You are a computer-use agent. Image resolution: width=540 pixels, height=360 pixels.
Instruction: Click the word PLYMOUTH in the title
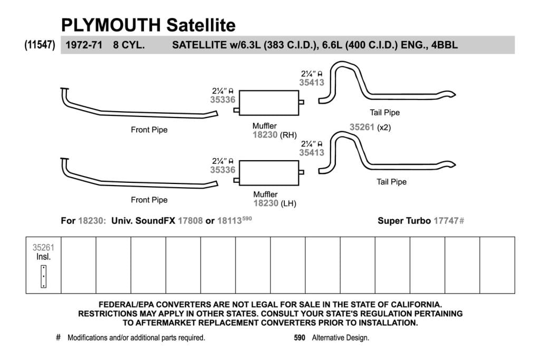(x=111, y=25)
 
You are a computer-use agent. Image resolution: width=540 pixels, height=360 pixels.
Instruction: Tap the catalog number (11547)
(x=40, y=45)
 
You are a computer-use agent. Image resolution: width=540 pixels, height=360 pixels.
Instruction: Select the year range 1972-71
(x=84, y=45)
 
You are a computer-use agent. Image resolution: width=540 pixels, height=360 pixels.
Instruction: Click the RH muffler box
(x=269, y=103)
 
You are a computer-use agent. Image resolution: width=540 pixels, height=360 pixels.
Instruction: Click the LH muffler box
(x=269, y=173)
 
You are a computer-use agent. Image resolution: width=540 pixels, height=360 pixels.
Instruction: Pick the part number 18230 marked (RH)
(x=265, y=134)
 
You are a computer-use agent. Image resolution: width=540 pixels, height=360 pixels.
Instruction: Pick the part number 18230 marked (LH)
(x=266, y=203)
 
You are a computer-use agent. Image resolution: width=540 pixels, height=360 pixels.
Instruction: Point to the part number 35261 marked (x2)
(x=362, y=127)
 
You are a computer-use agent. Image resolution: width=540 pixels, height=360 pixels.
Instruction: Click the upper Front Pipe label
(x=149, y=130)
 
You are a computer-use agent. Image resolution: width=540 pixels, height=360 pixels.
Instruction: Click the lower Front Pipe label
(x=149, y=200)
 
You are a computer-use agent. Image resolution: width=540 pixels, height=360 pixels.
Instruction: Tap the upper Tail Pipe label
(x=384, y=113)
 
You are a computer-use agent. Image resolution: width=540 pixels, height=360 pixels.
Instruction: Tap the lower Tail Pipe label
(x=392, y=182)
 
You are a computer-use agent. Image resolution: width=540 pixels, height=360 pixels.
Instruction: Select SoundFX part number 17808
(x=190, y=221)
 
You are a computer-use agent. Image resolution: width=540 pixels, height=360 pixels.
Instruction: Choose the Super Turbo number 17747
(x=446, y=221)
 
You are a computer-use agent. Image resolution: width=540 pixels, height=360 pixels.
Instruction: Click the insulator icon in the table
(x=43, y=276)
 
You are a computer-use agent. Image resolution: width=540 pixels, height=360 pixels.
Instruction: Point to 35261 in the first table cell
(x=43, y=247)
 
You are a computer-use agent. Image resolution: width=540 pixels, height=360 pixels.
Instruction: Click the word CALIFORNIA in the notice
(x=413, y=305)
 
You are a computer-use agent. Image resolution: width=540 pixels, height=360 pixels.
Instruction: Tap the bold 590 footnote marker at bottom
(x=300, y=338)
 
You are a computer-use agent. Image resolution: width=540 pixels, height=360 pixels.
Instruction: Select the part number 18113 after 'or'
(x=229, y=221)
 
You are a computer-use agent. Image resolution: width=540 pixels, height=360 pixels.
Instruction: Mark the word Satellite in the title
(x=201, y=25)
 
